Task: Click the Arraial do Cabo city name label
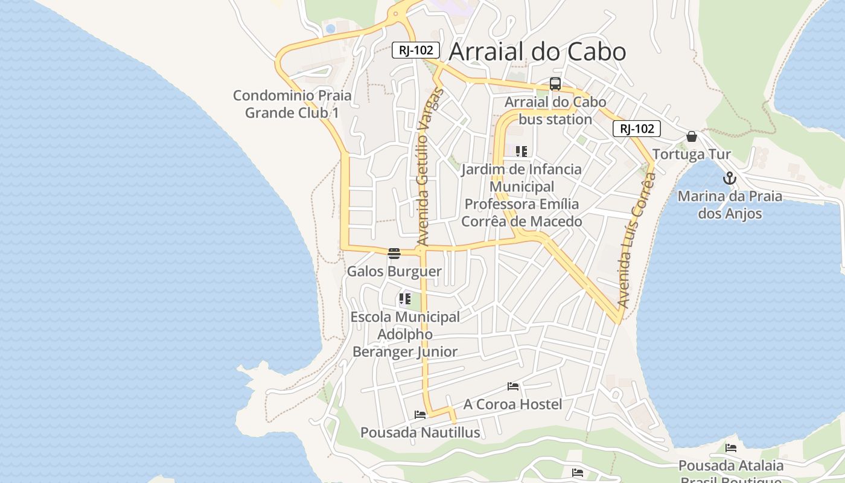click(537, 52)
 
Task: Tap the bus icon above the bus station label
click(555, 85)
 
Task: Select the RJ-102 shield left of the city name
click(416, 50)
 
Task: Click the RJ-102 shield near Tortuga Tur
click(637, 129)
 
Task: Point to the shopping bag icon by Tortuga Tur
click(692, 137)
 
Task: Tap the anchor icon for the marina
click(730, 179)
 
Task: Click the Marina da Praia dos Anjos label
click(730, 205)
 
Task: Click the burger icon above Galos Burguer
click(394, 253)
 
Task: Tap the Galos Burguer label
click(394, 272)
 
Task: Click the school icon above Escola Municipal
click(404, 299)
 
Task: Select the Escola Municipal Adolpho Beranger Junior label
click(405, 334)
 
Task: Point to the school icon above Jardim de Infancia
click(521, 152)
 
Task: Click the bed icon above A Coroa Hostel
click(513, 386)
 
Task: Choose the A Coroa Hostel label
click(512, 404)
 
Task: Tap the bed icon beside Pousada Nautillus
click(420, 415)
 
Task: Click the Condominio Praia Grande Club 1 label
click(292, 104)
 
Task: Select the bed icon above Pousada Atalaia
click(731, 448)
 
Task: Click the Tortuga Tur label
click(691, 155)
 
